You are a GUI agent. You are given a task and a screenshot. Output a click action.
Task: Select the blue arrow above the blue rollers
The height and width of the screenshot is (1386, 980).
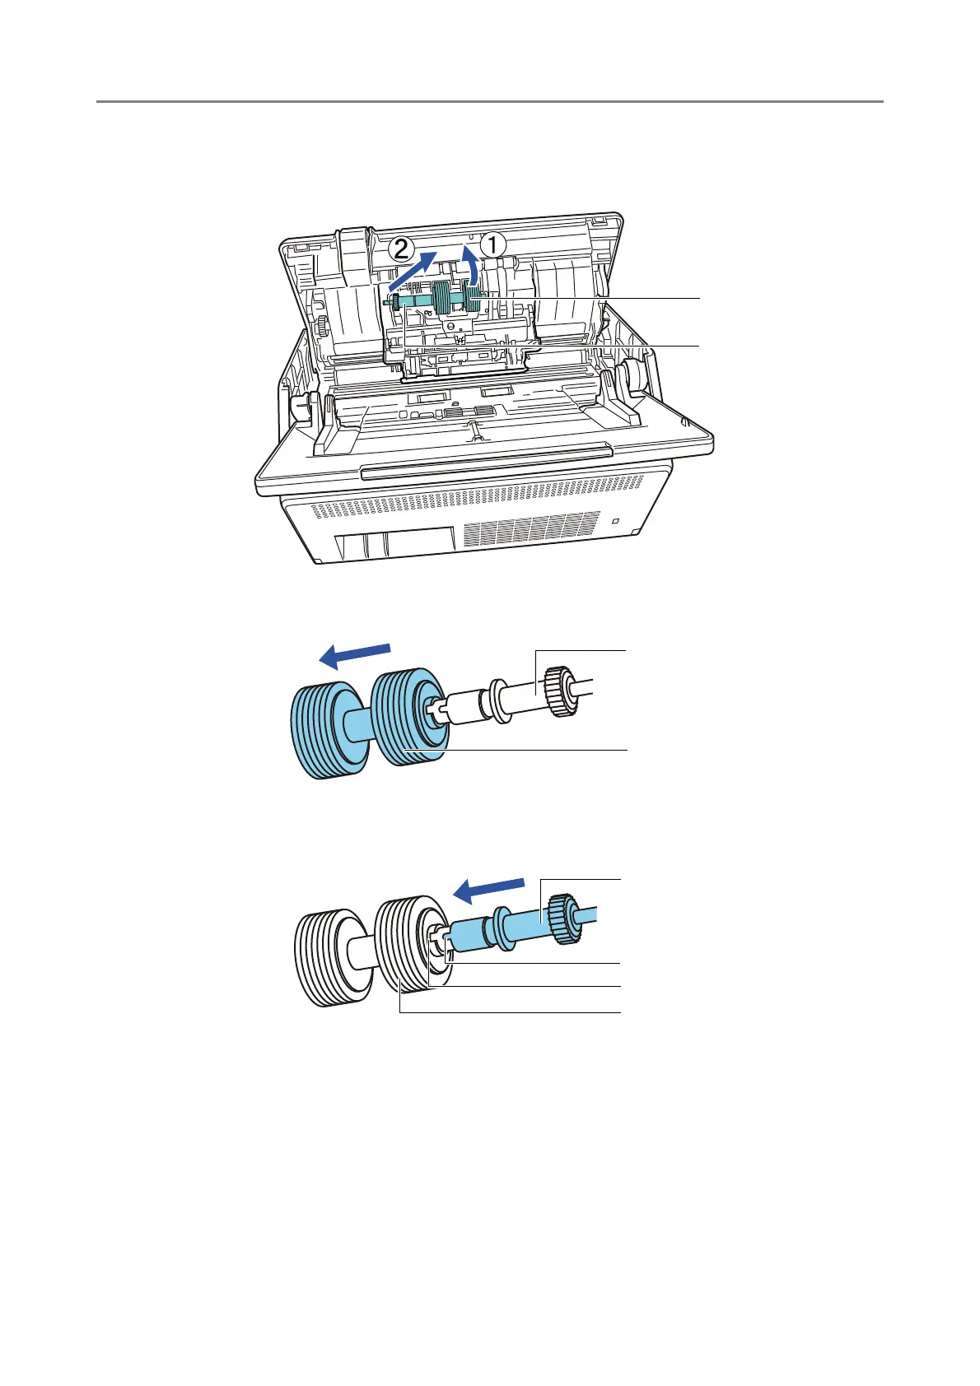tap(355, 656)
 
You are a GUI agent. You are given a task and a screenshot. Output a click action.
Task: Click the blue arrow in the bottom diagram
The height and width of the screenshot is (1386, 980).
tap(489, 889)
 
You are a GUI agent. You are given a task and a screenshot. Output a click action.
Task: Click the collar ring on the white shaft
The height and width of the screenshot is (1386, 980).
tap(498, 700)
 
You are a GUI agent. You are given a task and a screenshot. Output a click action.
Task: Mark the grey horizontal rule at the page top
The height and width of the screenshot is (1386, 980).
tap(490, 101)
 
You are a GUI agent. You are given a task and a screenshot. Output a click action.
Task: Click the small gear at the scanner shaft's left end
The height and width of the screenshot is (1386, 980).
tap(394, 303)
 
